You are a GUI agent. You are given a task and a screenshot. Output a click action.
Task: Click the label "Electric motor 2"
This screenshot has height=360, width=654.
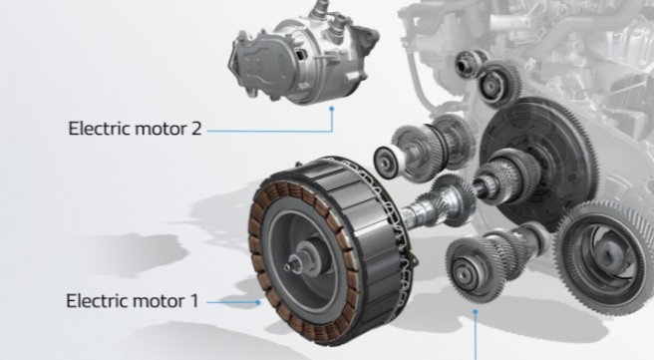[135, 128]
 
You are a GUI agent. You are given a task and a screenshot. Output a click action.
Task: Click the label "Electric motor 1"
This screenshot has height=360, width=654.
[133, 301]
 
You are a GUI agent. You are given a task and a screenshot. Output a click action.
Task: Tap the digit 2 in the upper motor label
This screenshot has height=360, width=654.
[196, 128]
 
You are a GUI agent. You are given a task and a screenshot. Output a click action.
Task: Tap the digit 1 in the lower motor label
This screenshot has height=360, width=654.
[194, 301]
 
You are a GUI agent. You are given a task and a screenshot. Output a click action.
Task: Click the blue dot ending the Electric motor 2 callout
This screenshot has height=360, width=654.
[332, 109]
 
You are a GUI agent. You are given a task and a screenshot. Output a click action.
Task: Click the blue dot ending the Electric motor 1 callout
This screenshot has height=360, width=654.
[258, 302]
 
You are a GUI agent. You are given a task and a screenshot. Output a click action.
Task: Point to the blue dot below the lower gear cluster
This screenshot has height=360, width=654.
[476, 311]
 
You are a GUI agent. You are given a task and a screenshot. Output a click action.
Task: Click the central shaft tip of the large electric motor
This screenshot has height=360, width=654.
[288, 267]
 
